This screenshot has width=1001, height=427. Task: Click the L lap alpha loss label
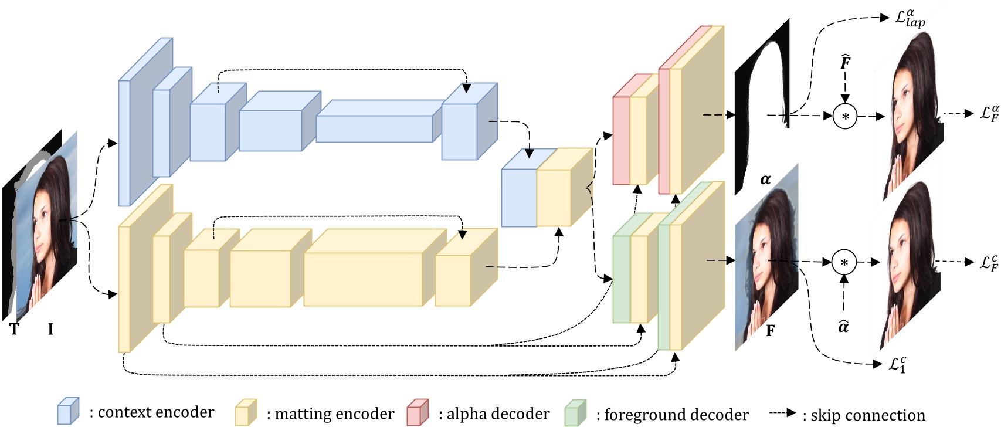(910, 18)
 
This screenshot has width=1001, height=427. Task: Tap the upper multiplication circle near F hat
(845, 116)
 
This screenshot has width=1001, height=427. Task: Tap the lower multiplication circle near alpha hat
(844, 263)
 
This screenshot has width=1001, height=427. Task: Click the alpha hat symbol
(843, 326)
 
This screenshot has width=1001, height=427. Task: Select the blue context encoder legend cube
(68, 411)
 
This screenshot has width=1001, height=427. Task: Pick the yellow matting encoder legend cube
(246, 412)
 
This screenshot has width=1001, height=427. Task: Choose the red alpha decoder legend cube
(418, 412)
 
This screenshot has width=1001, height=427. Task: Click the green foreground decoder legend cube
(575, 413)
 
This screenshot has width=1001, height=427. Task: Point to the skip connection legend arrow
(782, 413)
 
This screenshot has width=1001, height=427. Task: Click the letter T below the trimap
(14, 330)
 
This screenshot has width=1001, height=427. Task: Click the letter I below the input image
(50, 330)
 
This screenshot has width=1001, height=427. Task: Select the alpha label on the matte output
(765, 179)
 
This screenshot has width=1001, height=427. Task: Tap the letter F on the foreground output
(771, 331)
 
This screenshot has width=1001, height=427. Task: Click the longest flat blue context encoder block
(374, 128)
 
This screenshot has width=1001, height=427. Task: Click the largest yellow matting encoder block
(363, 279)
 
